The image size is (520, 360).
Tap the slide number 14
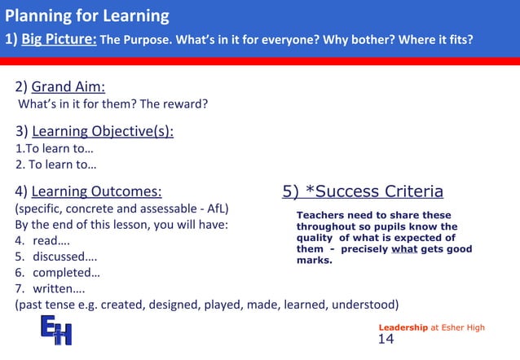pos(386,340)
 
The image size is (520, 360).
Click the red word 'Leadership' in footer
pos(403,327)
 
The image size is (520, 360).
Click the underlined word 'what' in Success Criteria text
pos(404,249)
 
